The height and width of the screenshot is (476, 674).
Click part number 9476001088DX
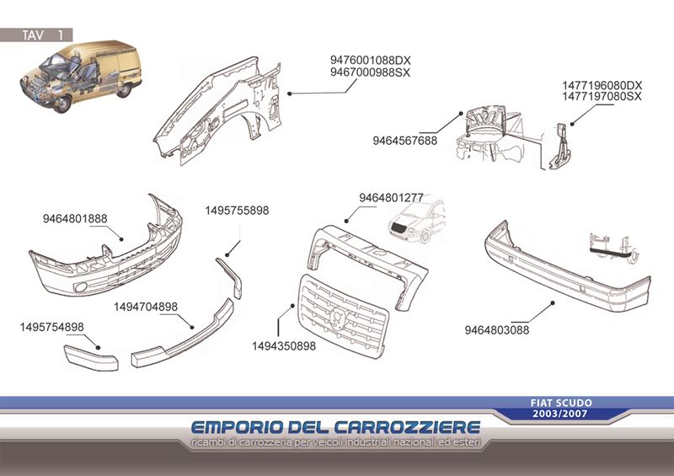pyautogui.click(x=370, y=60)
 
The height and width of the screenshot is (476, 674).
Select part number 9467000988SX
pyautogui.click(x=370, y=72)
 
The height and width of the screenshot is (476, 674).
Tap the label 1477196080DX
pyautogui.click(x=602, y=85)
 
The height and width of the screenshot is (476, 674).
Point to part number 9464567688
pyautogui.click(x=405, y=141)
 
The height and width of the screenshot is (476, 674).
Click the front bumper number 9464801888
pyautogui.click(x=75, y=218)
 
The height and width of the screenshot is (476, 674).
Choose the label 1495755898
pyautogui.click(x=237, y=211)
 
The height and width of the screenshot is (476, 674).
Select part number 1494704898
pyautogui.click(x=146, y=307)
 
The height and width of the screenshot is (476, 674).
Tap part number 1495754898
pyautogui.click(x=52, y=327)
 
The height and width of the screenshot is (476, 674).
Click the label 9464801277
pyautogui.click(x=391, y=197)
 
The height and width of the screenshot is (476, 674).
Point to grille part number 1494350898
pyautogui.click(x=284, y=345)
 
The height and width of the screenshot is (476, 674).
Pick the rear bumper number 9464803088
pyautogui.click(x=497, y=330)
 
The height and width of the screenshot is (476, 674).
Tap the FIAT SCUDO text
pyautogui.click(x=561, y=403)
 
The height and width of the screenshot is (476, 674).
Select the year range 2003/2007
pyautogui.click(x=559, y=414)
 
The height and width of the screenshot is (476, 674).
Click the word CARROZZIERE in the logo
pyautogui.click(x=407, y=427)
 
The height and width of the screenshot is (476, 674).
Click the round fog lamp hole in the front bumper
pyautogui.click(x=80, y=286)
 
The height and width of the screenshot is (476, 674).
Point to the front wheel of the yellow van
pyautogui.click(x=62, y=104)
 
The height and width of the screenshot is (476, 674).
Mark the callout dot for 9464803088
pyautogui.click(x=553, y=303)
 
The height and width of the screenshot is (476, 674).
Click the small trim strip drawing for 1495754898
pyautogui.click(x=91, y=358)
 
